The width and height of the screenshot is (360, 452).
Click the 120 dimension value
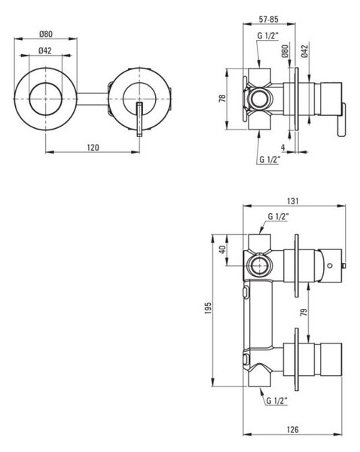tap(93, 148)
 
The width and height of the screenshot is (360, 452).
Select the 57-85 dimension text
tap(269, 20)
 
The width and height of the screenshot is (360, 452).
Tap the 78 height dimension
tap(222, 99)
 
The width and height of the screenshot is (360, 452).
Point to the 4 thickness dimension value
tap(283, 148)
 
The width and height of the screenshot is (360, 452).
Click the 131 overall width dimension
tap(293, 201)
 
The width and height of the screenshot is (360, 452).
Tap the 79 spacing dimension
tap(304, 312)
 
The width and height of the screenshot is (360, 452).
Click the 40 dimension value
tap(222, 249)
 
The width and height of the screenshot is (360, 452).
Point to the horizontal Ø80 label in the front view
tap(46, 34)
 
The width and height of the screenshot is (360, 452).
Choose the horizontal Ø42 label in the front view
tap(45, 50)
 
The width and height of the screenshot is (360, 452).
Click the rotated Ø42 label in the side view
tap(305, 51)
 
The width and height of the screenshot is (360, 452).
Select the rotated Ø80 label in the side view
tap(285, 51)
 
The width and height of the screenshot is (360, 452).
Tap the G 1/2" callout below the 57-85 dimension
tap(268, 35)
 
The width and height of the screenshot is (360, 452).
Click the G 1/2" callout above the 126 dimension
tap(277, 401)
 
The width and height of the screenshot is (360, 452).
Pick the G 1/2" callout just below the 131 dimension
tap(279, 216)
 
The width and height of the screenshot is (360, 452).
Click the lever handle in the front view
tap(139, 119)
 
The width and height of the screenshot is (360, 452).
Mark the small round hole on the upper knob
tap(330, 265)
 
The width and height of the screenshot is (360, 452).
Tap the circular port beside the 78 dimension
tap(261, 99)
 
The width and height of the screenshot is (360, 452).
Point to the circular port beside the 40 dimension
tap(259, 265)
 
